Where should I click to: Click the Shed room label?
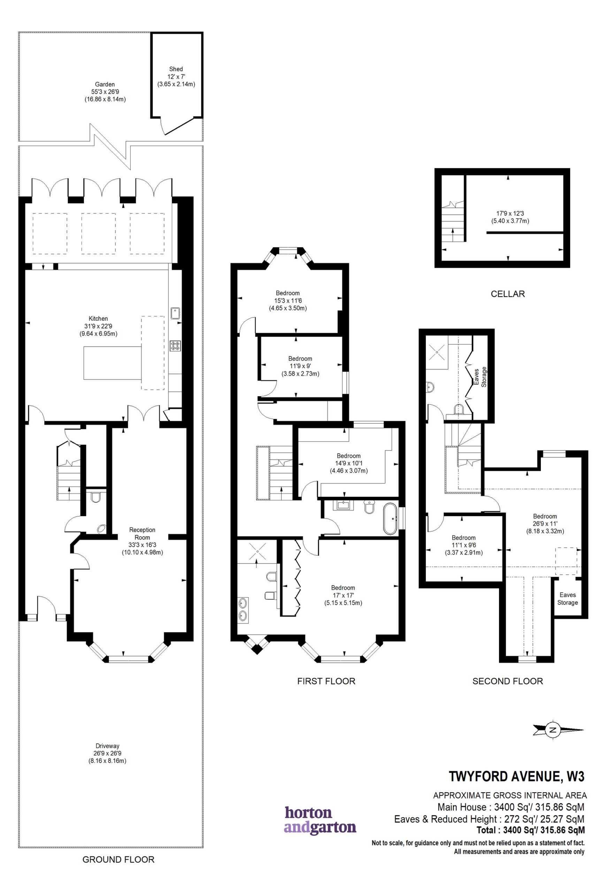point(176,76)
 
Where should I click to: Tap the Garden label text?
point(105,92)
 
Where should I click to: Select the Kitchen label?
point(98,326)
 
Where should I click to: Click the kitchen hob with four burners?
point(175,345)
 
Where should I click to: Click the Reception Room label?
point(143,541)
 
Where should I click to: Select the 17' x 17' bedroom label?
point(343,595)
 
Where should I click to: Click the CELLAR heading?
point(507,294)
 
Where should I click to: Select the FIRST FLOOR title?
point(326,681)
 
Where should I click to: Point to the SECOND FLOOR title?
point(507,681)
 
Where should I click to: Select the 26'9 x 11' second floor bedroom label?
point(545,524)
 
